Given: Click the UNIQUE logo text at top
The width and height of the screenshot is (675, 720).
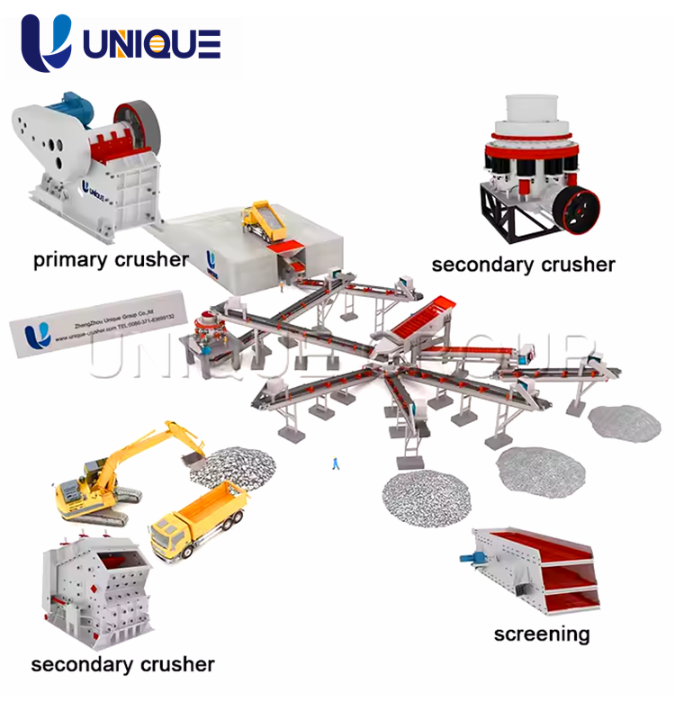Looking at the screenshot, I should coord(152,42).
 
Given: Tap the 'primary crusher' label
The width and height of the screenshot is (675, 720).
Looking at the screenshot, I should coord(111,260).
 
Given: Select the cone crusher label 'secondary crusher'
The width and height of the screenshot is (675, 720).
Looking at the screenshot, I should coord(523,265).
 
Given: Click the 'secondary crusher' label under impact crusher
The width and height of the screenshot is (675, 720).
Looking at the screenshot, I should coord(122,665).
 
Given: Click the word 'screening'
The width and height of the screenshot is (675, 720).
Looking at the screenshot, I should coord(541,634).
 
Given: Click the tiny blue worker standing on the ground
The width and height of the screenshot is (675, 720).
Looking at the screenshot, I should coord(336,463).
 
